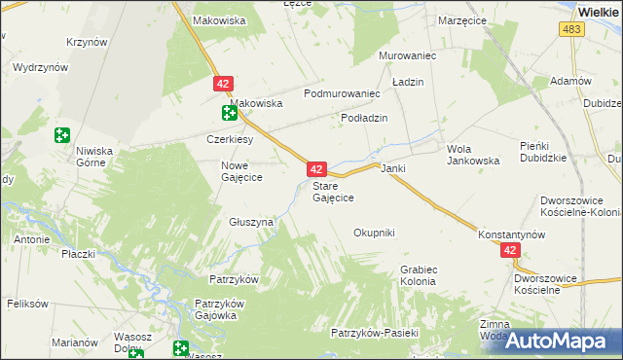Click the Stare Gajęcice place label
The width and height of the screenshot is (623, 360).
[x=332, y=191]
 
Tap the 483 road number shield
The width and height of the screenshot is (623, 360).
[x=572, y=31]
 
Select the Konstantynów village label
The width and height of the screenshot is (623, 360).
[x=511, y=235]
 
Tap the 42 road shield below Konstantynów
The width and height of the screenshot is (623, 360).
[x=512, y=251]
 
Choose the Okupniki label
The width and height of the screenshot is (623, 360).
[x=374, y=233]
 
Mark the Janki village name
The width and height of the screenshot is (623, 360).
[x=392, y=168]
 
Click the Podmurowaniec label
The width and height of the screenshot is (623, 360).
[x=341, y=93]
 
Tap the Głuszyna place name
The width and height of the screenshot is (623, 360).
[x=251, y=222]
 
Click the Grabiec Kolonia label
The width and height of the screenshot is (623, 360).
[x=418, y=275]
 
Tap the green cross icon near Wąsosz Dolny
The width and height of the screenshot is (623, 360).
[x=180, y=347]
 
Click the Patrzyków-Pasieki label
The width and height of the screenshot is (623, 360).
[x=374, y=333]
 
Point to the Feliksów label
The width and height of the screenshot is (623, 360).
[x=27, y=304]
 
